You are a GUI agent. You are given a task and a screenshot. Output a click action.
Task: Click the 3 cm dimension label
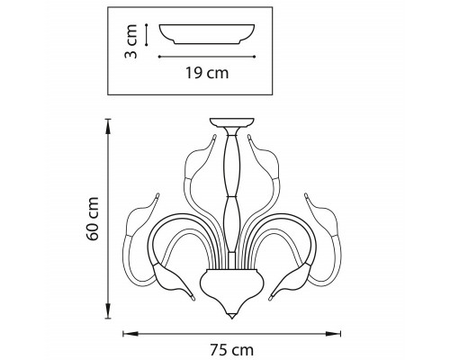click(x=130, y=41)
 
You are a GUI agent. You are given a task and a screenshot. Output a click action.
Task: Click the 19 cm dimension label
click(x=207, y=73)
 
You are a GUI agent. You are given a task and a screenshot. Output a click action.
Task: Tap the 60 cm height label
click(x=93, y=219)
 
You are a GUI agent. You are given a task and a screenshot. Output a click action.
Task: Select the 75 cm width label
click(x=231, y=350)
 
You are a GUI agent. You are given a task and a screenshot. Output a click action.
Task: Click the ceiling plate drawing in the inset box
click(x=207, y=34)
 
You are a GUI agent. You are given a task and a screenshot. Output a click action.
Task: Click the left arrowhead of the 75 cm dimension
click(x=130, y=334)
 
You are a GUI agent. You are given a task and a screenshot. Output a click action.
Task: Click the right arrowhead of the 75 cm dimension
click(x=333, y=334)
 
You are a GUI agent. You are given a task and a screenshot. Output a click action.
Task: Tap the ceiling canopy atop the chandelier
click(x=231, y=122)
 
